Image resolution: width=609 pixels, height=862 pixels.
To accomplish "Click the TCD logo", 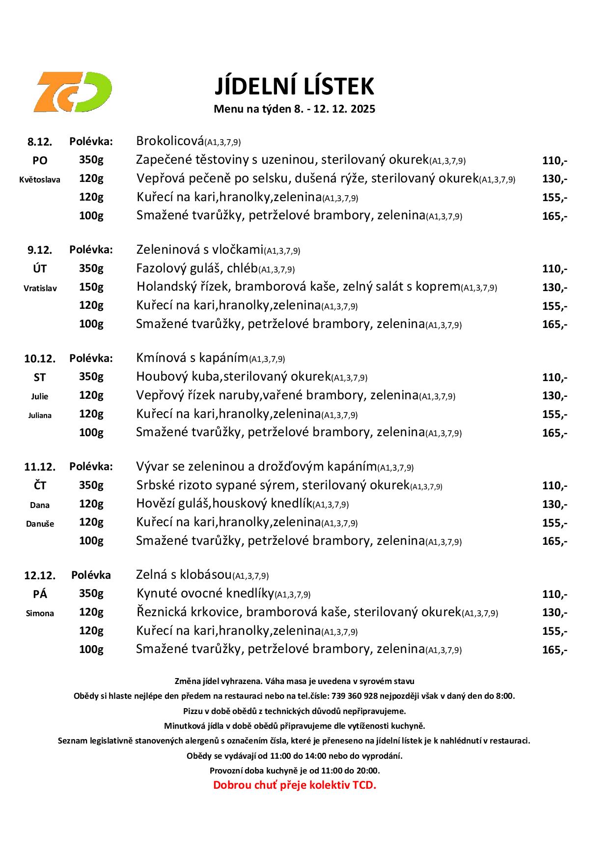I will (x=73, y=91).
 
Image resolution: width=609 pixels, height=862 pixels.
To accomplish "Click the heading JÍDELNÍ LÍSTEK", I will (x=294, y=86).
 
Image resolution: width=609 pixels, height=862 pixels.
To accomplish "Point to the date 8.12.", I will (x=40, y=142).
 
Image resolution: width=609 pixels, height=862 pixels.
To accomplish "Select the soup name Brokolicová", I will (x=170, y=141).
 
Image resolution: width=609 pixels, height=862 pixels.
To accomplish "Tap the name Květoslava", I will (x=40, y=179).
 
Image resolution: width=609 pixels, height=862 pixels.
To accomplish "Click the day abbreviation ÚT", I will (x=40, y=268).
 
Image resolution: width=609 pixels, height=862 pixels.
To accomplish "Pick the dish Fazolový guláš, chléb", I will (x=197, y=268).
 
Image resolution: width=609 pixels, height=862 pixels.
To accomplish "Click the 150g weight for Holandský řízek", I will (x=91, y=287).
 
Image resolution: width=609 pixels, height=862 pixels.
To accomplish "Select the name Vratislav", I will (x=40, y=288).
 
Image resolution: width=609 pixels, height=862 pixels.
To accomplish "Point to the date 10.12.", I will (x=40, y=358).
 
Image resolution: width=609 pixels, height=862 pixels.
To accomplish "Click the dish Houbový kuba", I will (x=233, y=377).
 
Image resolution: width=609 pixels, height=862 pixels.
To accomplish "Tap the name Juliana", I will (x=40, y=415).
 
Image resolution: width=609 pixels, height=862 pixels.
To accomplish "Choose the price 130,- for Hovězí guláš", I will (x=554, y=504).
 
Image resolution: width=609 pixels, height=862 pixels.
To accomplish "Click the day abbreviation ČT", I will (x=40, y=485).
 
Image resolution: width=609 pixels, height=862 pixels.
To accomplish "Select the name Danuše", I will (x=40, y=524).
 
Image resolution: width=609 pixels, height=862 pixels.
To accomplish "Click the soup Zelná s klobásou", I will (x=184, y=574).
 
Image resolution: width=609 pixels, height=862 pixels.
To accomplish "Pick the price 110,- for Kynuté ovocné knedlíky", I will (x=554, y=594).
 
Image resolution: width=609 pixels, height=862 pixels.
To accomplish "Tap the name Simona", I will (x=40, y=613).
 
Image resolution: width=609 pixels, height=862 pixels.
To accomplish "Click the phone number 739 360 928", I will (x=355, y=696).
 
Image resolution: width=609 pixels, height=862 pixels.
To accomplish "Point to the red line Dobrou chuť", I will (x=294, y=785).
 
